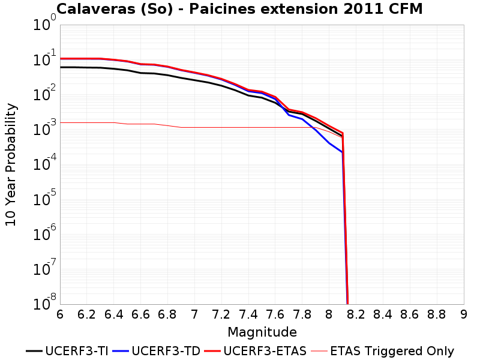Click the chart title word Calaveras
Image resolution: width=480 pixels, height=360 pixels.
(x=96, y=9)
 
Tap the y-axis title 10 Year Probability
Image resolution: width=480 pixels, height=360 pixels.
(x=11, y=164)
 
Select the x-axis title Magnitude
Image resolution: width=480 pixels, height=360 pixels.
(x=262, y=332)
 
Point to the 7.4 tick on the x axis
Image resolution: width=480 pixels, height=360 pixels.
(x=248, y=314)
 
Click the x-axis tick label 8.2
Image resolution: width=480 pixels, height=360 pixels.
(x=356, y=314)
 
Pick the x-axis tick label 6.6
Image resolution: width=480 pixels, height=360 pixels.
(x=140, y=314)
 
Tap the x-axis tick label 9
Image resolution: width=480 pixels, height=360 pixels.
(x=463, y=314)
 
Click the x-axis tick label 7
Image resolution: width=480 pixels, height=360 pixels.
(x=194, y=314)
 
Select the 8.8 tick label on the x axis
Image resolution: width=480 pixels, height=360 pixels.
(x=437, y=314)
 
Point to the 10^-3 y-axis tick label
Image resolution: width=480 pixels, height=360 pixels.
(x=44, y=128)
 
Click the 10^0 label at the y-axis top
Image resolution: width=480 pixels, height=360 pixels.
(x=44, y=23)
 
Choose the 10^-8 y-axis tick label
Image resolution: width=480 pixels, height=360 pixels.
(x=44, y=302)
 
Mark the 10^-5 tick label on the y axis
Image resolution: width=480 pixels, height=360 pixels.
(x=44, y=198)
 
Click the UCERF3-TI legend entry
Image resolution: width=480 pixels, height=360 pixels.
(x=67, y=351)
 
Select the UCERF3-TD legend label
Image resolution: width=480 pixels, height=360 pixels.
(x=157, y=351)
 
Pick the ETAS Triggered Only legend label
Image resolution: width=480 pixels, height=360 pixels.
(x=383, y=351)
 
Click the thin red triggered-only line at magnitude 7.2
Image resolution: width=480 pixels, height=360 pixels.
(x=221, y=127)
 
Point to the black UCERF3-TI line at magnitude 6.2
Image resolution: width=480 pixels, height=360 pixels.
(x=86, y=67)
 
